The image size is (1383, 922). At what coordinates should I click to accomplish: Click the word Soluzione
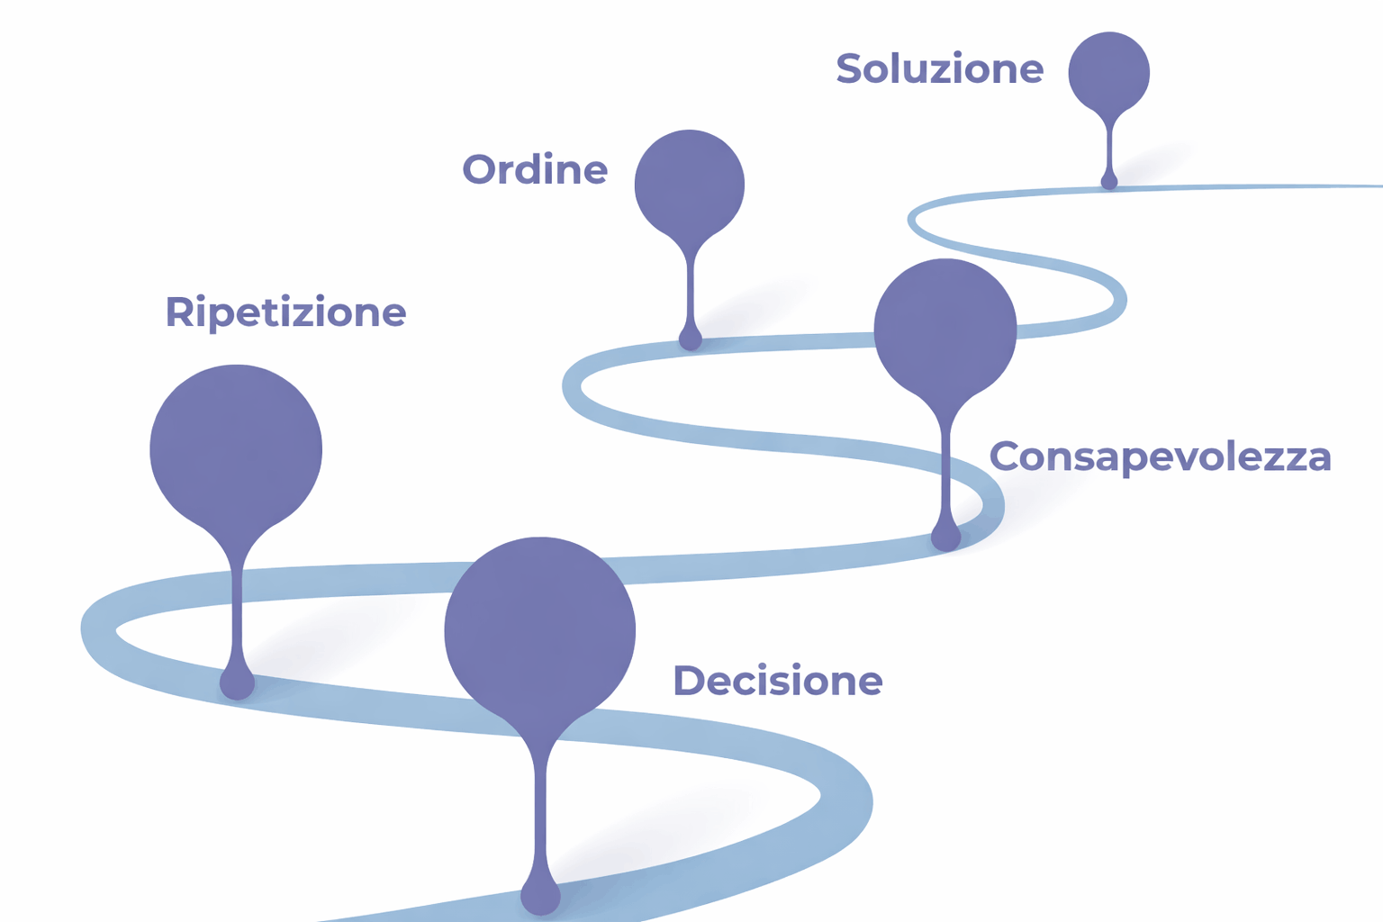pyautogui.click(x=939, y=69)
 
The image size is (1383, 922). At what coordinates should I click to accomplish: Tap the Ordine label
pyautogui.click(x=535, y=169)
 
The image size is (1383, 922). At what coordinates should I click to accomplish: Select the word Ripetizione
pyautogui.click(x=285, y=312)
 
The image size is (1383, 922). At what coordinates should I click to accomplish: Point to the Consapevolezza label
pyautogui.click(x=1160, y=457)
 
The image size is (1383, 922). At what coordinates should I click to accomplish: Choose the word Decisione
pyautogui.click(x=778, y=682)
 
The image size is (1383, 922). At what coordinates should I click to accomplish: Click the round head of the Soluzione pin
pyautogui.click(x=1108, y=72)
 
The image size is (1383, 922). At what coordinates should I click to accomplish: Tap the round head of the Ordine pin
pyautogui.click(x=690, y=184)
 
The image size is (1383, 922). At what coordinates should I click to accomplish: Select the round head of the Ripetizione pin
pyautogui.click(x=236, y=448)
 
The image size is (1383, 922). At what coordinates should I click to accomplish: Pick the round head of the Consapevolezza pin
pyautogui.click(x=945, y=330)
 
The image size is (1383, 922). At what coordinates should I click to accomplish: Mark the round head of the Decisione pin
pyautogui.click(x=540, y=630)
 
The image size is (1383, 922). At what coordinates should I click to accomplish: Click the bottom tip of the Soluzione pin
pyautogui.click(x=1109, y=182)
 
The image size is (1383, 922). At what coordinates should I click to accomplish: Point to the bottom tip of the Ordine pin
pyautogui.click(x=691, y=339)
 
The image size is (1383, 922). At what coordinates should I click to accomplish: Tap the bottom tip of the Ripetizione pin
pyautogui.click(x=238, y=684)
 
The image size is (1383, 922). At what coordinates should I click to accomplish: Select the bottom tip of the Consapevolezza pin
pyautogui.click(x=945, y=538)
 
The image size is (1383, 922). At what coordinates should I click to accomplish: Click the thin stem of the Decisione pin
pyautogui.click(x=540, y=810)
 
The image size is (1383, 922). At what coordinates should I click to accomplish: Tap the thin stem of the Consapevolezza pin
pyautogui.click(x=945, y=468)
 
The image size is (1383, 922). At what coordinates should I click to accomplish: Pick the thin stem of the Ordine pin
pyautogui.click(x=691, y=288)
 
